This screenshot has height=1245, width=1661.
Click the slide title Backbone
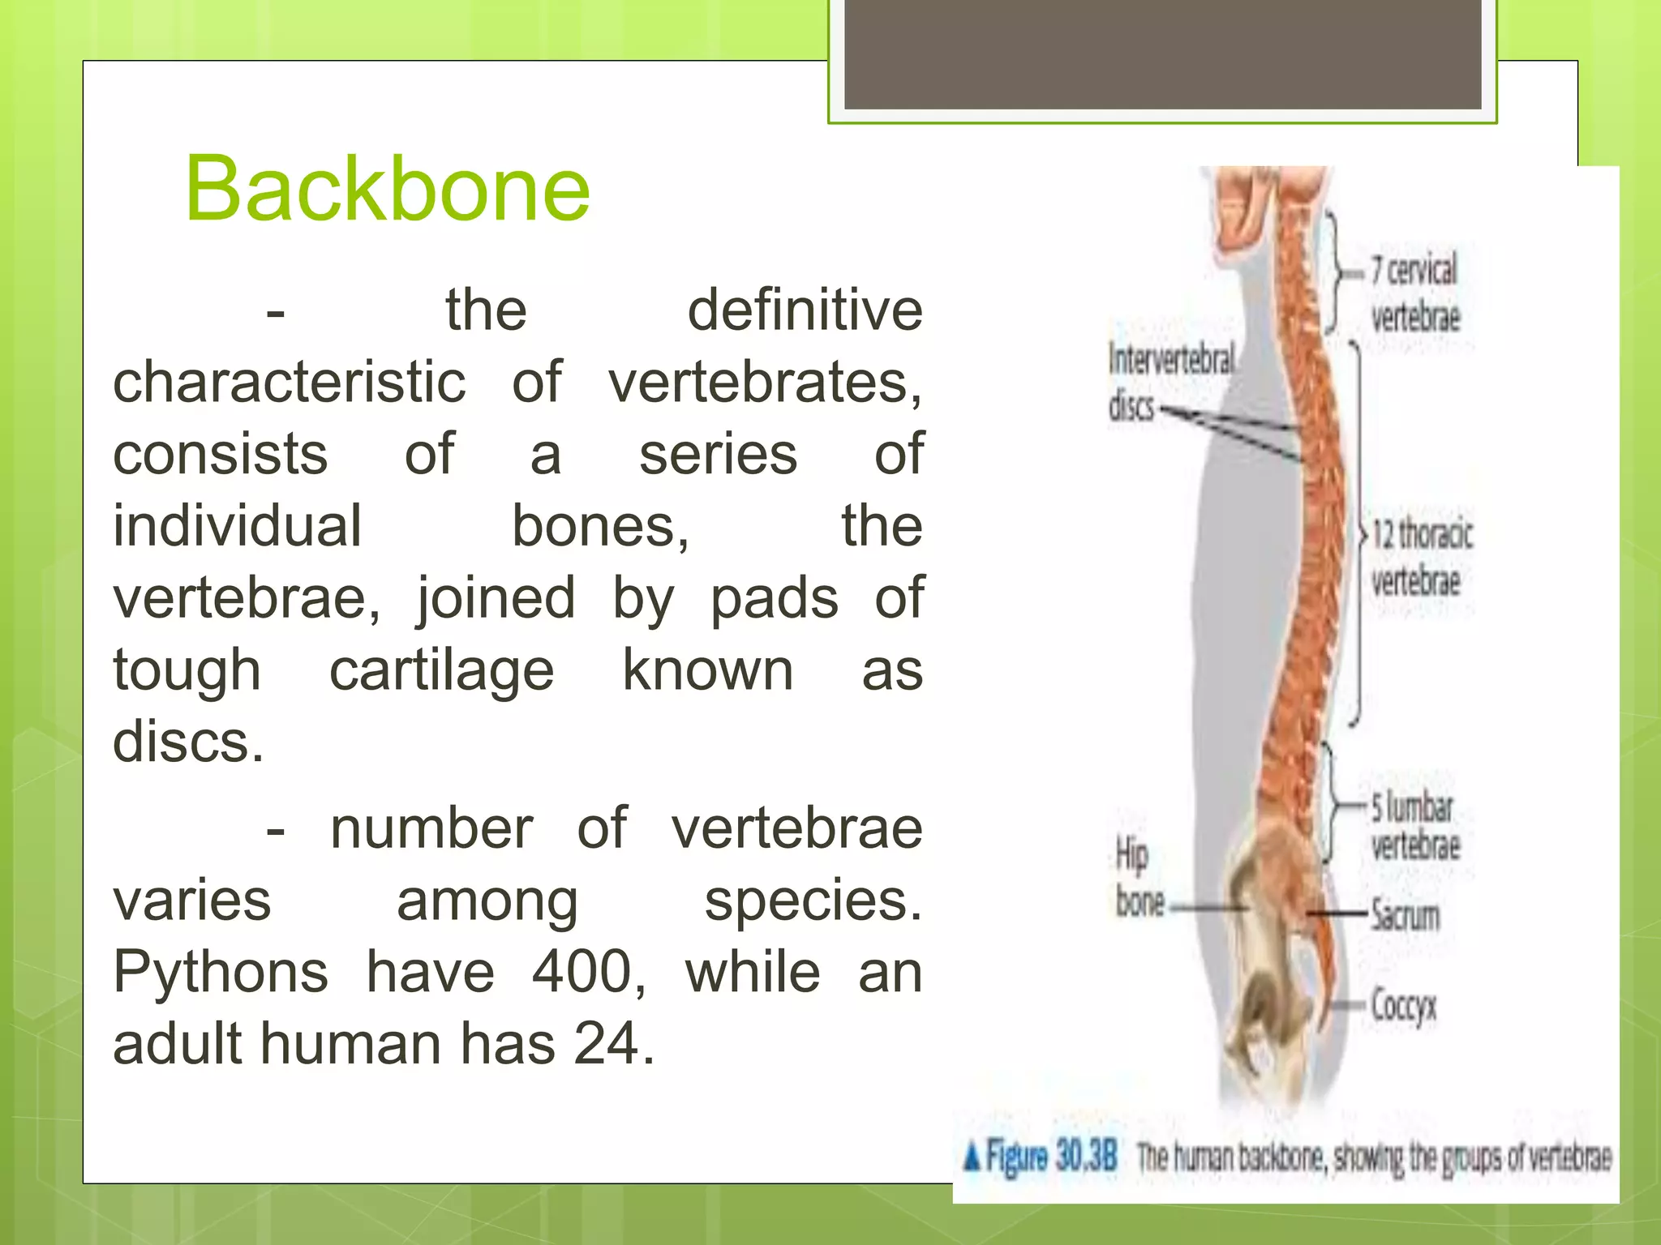coord(388,189)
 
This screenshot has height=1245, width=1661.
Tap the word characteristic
coord(290,382)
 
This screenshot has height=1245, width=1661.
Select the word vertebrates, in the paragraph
coord(765,382)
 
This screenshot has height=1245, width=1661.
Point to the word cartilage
coord(441,670)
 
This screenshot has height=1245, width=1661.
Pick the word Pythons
coord(221,972)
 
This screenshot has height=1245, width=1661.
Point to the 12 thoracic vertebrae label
coord(1421,558)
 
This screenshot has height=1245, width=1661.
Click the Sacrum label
coord(1406,915)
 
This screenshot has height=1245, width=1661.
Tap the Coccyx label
coord(1403,1006)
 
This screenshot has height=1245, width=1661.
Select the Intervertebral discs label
coord(1170,381)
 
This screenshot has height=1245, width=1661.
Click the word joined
coord(496,599)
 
